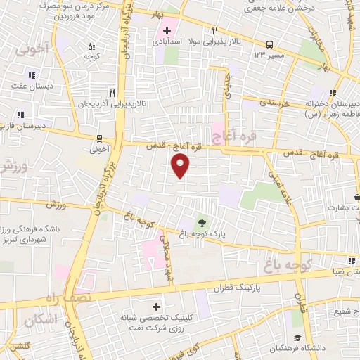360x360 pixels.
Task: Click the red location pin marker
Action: tap(181, 166)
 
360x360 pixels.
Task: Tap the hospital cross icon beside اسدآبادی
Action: tap(167, 30)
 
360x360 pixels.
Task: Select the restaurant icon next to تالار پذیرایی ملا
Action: tap(214, 31)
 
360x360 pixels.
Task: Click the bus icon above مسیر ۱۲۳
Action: tap(271, 43)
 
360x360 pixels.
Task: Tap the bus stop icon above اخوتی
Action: tap(99, 138)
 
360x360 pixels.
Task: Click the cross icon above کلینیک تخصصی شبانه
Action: tap(156, 307)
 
